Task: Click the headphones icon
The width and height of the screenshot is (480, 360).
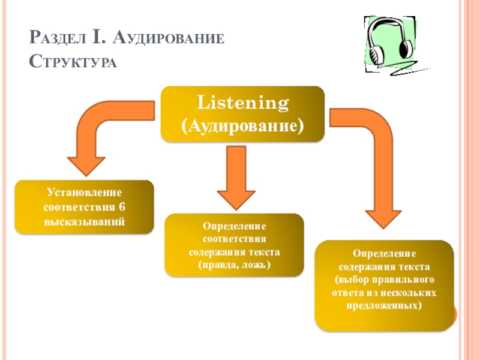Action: point(389,43)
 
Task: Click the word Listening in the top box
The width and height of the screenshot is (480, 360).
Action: point(244,103)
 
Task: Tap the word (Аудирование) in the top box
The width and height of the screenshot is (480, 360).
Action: point(243,126)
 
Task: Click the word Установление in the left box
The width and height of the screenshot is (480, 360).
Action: point(84,193)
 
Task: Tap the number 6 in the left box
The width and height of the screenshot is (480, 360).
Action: point(122,208)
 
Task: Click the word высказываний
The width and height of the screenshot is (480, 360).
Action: point(84,221)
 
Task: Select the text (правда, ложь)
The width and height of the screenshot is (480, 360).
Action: point(234,265)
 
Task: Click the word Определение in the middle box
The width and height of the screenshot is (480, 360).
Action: point(234,227)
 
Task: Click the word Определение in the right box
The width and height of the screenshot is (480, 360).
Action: point(384,254)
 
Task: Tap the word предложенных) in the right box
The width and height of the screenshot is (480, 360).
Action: point(384,305)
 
